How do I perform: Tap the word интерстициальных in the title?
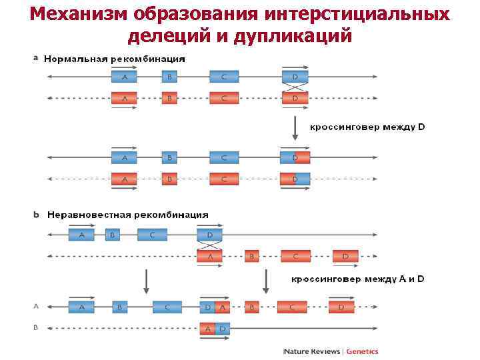(x=357, y=14)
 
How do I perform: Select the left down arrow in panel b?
(x=147, y=281)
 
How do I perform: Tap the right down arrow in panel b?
(x=266, y=281)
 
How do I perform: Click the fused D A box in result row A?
(x=215, y=307)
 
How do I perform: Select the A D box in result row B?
(x=215, y=329)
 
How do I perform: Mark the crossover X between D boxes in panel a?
(x=295, y=88)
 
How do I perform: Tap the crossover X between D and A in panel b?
(x=210, y=245)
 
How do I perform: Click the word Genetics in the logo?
(x=361, y=351)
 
